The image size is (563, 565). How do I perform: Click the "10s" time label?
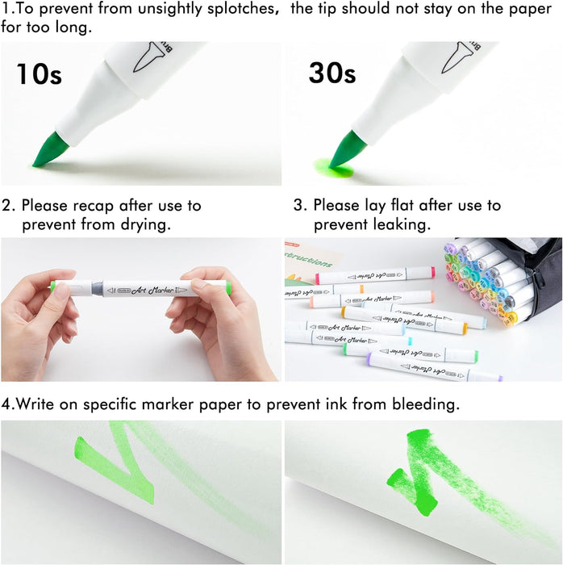39,74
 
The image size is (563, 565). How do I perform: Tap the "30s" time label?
332,73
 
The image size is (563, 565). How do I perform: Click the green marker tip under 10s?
48,151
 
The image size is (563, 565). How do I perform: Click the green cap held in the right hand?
227,287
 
